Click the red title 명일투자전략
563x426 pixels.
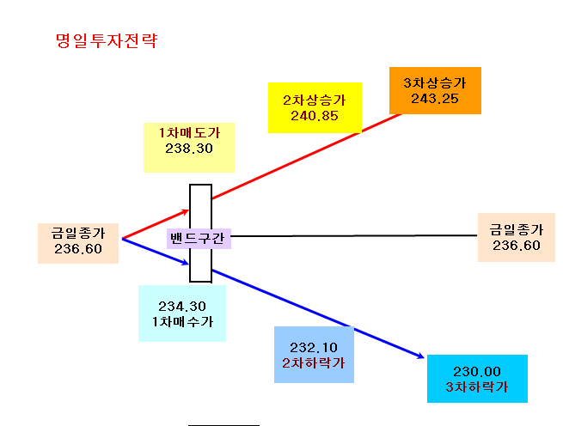pos(107,40)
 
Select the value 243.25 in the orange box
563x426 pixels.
pos(435,99)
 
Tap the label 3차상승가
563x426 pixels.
pos(435,83)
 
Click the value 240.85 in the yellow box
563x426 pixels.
pos(315,116)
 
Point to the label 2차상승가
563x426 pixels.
pos(315,100)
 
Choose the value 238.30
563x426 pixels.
pos(189,149)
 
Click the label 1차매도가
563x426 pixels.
pos(189,133)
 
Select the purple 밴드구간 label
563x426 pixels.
pos(198,238)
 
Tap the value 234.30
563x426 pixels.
pos(182,306)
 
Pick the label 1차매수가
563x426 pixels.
pos(182,321)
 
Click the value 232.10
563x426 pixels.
pos(314,347)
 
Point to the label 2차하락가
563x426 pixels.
pos(314,362)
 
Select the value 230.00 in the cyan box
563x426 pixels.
pos(477,371)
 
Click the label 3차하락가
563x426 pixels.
pos(477,386)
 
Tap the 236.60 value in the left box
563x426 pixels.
pos(78,249)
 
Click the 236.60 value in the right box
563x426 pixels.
pos(517,246)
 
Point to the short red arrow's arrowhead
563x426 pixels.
pos(186,211)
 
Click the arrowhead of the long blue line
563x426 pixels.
pos(421,356)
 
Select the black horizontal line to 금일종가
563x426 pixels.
pos(354,236)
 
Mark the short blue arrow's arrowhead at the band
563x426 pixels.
pos(186,263)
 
